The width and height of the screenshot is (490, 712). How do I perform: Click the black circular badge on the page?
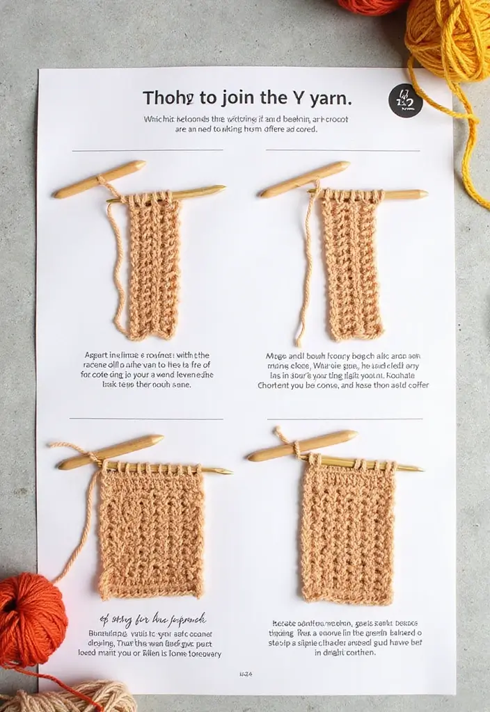pos(405,101)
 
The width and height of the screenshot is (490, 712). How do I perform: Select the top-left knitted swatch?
pos(153,268)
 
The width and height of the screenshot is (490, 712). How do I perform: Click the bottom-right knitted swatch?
pos(347,532)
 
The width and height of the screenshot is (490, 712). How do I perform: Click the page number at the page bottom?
pos(246,674)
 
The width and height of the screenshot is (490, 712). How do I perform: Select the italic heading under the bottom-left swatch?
pos(150,618)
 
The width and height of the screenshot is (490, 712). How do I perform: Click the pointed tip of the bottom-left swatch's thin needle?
pos(229,472)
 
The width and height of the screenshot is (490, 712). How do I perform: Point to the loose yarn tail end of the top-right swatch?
pos(297,343)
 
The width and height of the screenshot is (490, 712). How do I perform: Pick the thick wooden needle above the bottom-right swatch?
pos(303,446)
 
